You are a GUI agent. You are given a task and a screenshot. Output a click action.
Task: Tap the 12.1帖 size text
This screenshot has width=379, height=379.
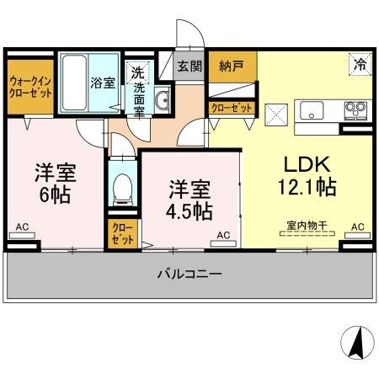click(306, 186)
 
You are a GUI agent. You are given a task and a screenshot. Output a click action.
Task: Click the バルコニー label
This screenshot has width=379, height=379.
click(189, 275)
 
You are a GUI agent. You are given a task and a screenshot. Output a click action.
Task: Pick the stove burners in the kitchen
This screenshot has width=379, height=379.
click(355, 109)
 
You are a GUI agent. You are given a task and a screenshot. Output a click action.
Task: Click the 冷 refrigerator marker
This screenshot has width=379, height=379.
click(360, 64)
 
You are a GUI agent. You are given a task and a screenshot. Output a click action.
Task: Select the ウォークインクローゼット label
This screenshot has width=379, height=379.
click(30, 87)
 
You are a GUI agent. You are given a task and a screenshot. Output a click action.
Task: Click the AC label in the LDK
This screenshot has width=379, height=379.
click(357, 227)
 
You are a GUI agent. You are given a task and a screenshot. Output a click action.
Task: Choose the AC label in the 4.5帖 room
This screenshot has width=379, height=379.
click(224, 235)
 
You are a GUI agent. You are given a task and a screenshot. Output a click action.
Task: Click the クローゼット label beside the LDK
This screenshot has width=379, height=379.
click(231, 107)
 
